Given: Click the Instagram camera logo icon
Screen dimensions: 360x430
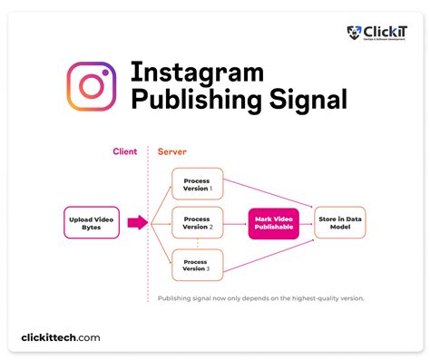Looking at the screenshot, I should point(91,86).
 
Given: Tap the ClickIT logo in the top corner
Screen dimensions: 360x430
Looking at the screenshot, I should point(376,34).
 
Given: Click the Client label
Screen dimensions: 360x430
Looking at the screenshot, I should point(124,151).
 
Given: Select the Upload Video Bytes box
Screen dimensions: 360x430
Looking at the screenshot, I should point(91,222).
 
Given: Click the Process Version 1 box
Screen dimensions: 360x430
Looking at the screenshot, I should point(197,184).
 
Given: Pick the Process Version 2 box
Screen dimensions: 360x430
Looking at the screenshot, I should point(197,222).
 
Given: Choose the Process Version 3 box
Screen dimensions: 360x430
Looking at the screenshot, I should point(197,264).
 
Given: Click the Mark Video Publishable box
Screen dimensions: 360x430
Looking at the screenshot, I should point(274,222).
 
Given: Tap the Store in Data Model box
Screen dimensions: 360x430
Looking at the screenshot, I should point(340,222).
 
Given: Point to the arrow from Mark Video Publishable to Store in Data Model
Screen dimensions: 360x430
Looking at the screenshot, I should point(307,222).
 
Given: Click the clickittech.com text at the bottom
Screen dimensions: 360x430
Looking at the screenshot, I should point(61,338).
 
